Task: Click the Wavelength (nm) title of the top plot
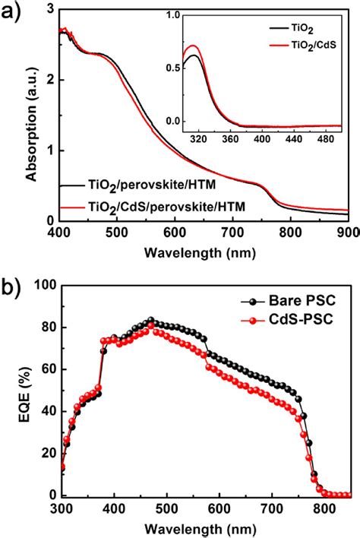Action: [x=205, y=251]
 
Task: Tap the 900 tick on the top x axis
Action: [x=347, y=233]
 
